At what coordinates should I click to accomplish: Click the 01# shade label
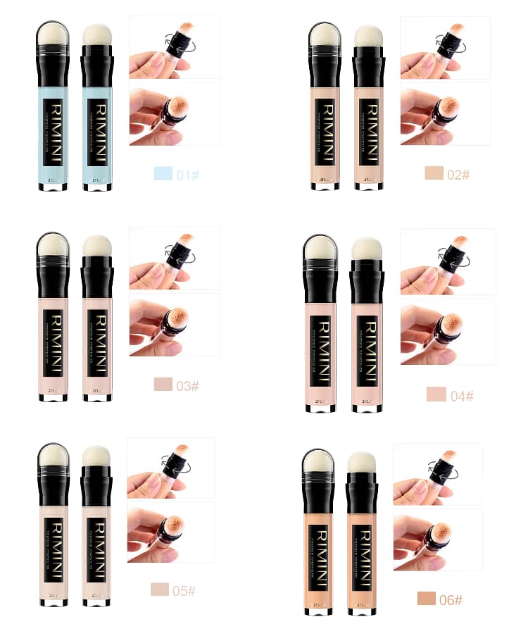[188, 174]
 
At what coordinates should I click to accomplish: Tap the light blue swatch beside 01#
[163, 173]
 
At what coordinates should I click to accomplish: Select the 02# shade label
[458, 174]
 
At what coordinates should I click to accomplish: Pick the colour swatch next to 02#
[434, 173]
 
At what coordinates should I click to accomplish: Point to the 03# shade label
[188, 385]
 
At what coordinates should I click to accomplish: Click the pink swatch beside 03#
[163, 385]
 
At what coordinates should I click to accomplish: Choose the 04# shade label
[462, 396]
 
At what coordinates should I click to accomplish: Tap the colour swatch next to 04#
[436, 394]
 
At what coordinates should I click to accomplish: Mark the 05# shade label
[184, 590]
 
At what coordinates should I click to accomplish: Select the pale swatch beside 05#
[159, 590]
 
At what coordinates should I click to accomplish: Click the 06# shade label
[451, 600]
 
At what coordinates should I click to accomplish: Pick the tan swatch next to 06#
[426, 599]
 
